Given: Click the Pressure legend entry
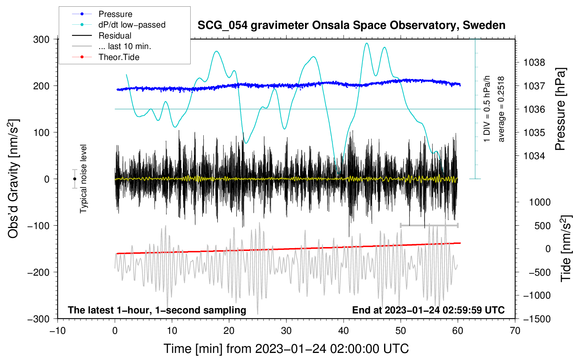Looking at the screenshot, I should pos(115,14).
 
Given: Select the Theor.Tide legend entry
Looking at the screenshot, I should pos(119,57).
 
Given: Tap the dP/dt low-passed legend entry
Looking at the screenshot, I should pos(132,25).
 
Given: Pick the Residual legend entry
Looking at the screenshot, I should pos(115,36).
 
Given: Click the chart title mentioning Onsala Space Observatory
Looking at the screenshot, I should pos(351,25).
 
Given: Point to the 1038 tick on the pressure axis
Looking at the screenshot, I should pos(534,63).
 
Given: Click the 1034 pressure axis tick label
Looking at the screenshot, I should pos(534,156).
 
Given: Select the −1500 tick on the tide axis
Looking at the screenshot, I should pos(537,319).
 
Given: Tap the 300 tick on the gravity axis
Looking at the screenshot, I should pos(41,39).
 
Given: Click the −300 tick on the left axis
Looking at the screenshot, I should pos(38,319).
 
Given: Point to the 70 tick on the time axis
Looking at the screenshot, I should pos(515,331).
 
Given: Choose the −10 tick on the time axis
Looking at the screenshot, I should pos(58,331).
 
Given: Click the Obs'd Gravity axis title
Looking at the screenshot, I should pos(13,179).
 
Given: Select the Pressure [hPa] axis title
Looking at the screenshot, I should pos(560,109).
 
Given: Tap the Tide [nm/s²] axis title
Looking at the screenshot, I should pos(566,248).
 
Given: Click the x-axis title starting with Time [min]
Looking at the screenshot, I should pos(286,349).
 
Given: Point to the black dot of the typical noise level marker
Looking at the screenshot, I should pos(74,179).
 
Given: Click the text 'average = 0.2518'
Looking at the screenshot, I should pos(501,109).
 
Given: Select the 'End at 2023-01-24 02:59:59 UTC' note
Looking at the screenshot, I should pos(428,310).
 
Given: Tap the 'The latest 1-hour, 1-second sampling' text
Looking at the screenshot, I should pos(157,310).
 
